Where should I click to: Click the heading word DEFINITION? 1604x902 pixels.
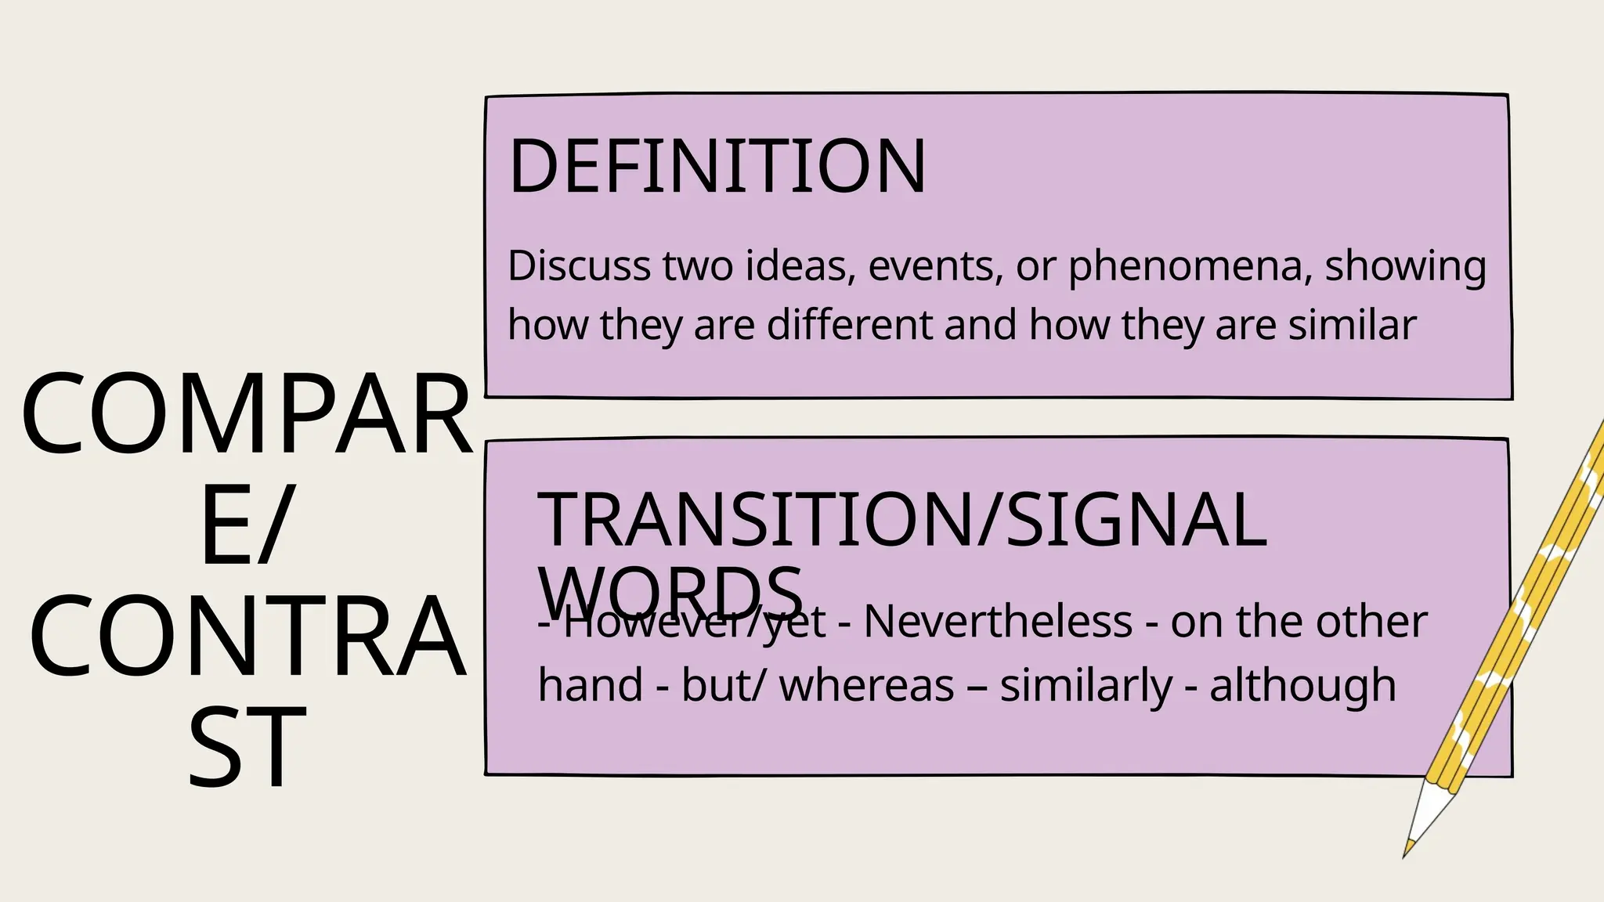pos(717,166)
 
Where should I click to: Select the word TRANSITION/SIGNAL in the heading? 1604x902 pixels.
pos(901,520)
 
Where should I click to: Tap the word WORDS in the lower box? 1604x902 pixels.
pos(671,590)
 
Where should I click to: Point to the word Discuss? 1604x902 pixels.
pos(579,266)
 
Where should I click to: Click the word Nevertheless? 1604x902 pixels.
pos(998,622)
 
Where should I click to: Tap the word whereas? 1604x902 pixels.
pos(866,685)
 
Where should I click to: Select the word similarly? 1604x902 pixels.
pos(1086,685)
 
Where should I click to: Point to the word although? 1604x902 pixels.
pos(1302,685)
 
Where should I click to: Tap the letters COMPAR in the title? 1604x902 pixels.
pos(247,415)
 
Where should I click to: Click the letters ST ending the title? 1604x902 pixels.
pos(247,748)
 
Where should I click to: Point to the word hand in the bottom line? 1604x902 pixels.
pos(590,685)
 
